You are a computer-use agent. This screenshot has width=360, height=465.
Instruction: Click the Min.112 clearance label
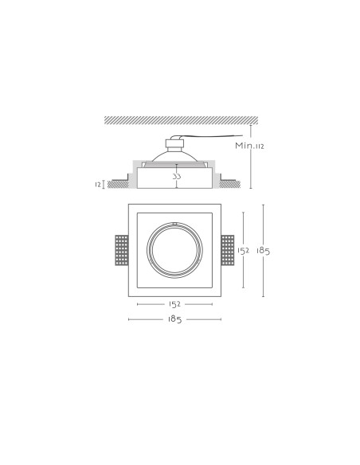tap(249, 146)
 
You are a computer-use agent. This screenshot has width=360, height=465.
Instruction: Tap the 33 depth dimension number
tap(177, 177)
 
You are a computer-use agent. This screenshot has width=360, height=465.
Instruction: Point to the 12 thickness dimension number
tap(98, 185)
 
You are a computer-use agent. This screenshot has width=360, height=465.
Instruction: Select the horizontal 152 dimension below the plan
tap(174, 304)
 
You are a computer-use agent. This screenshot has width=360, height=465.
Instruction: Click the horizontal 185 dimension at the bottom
tap(174, 319)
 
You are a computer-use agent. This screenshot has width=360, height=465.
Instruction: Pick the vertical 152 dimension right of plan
tap(243, 251)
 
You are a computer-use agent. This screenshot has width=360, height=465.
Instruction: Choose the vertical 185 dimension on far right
tap(264, 251)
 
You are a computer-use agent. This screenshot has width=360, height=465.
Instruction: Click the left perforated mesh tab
tap(122, 250)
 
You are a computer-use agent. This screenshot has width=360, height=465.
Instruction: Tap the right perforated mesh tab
tap(228, 250)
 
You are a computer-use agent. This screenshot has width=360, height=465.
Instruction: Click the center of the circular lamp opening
tap(174, 250)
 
